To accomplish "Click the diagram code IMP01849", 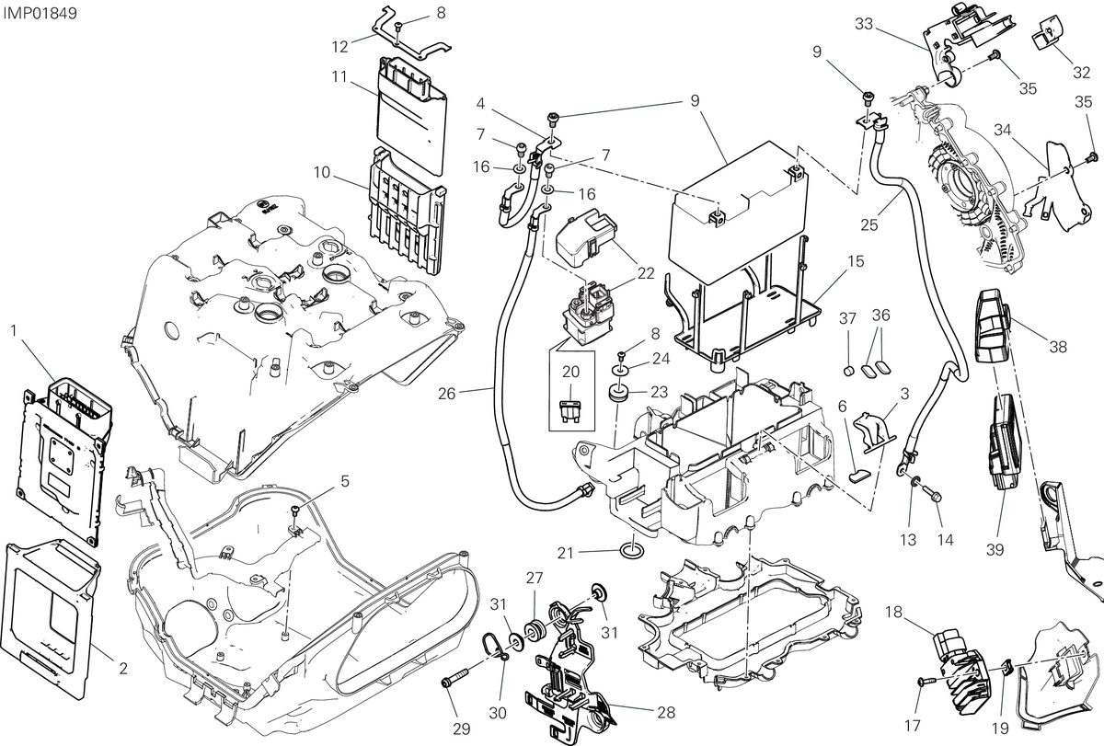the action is coord(40,13).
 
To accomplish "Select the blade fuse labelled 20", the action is coord(571,410).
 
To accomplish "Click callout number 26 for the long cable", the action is coord(446,394).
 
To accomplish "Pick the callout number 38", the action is coord(1058,347).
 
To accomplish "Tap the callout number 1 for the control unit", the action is coord(14,330).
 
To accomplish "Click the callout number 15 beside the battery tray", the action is coord(857,261).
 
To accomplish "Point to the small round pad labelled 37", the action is coord(848,371).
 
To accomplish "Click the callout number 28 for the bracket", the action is coord(666,712).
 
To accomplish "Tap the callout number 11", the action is coord(339,77).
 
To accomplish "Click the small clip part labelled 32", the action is coord(1045,33).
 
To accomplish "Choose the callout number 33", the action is coord(864,24).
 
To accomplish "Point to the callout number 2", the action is coord(123,668).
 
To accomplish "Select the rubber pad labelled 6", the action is coord(859,476).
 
